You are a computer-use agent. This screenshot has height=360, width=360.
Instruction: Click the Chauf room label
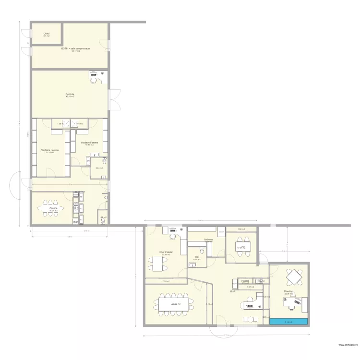(47, 34)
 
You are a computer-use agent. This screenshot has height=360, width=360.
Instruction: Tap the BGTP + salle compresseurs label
(76, 48)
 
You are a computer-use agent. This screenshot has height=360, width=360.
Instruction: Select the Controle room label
(70, 94)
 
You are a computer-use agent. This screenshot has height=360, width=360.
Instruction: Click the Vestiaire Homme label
(50, 150)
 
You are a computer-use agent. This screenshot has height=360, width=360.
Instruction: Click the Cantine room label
(53, 208)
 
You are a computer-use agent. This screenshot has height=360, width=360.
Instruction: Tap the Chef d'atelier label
(167, 252)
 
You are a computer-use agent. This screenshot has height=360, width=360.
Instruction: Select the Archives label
(208, 239)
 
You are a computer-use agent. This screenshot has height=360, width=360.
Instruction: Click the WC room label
(196, 257)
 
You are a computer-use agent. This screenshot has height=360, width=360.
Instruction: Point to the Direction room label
(288, 291)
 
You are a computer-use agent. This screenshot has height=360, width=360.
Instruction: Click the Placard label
(245, 280)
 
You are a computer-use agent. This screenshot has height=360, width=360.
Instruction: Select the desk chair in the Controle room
(94, 81)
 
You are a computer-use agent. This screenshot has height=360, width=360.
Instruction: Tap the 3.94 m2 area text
(98, 168)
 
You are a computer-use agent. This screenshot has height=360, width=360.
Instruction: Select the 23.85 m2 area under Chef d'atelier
(167, 254)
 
